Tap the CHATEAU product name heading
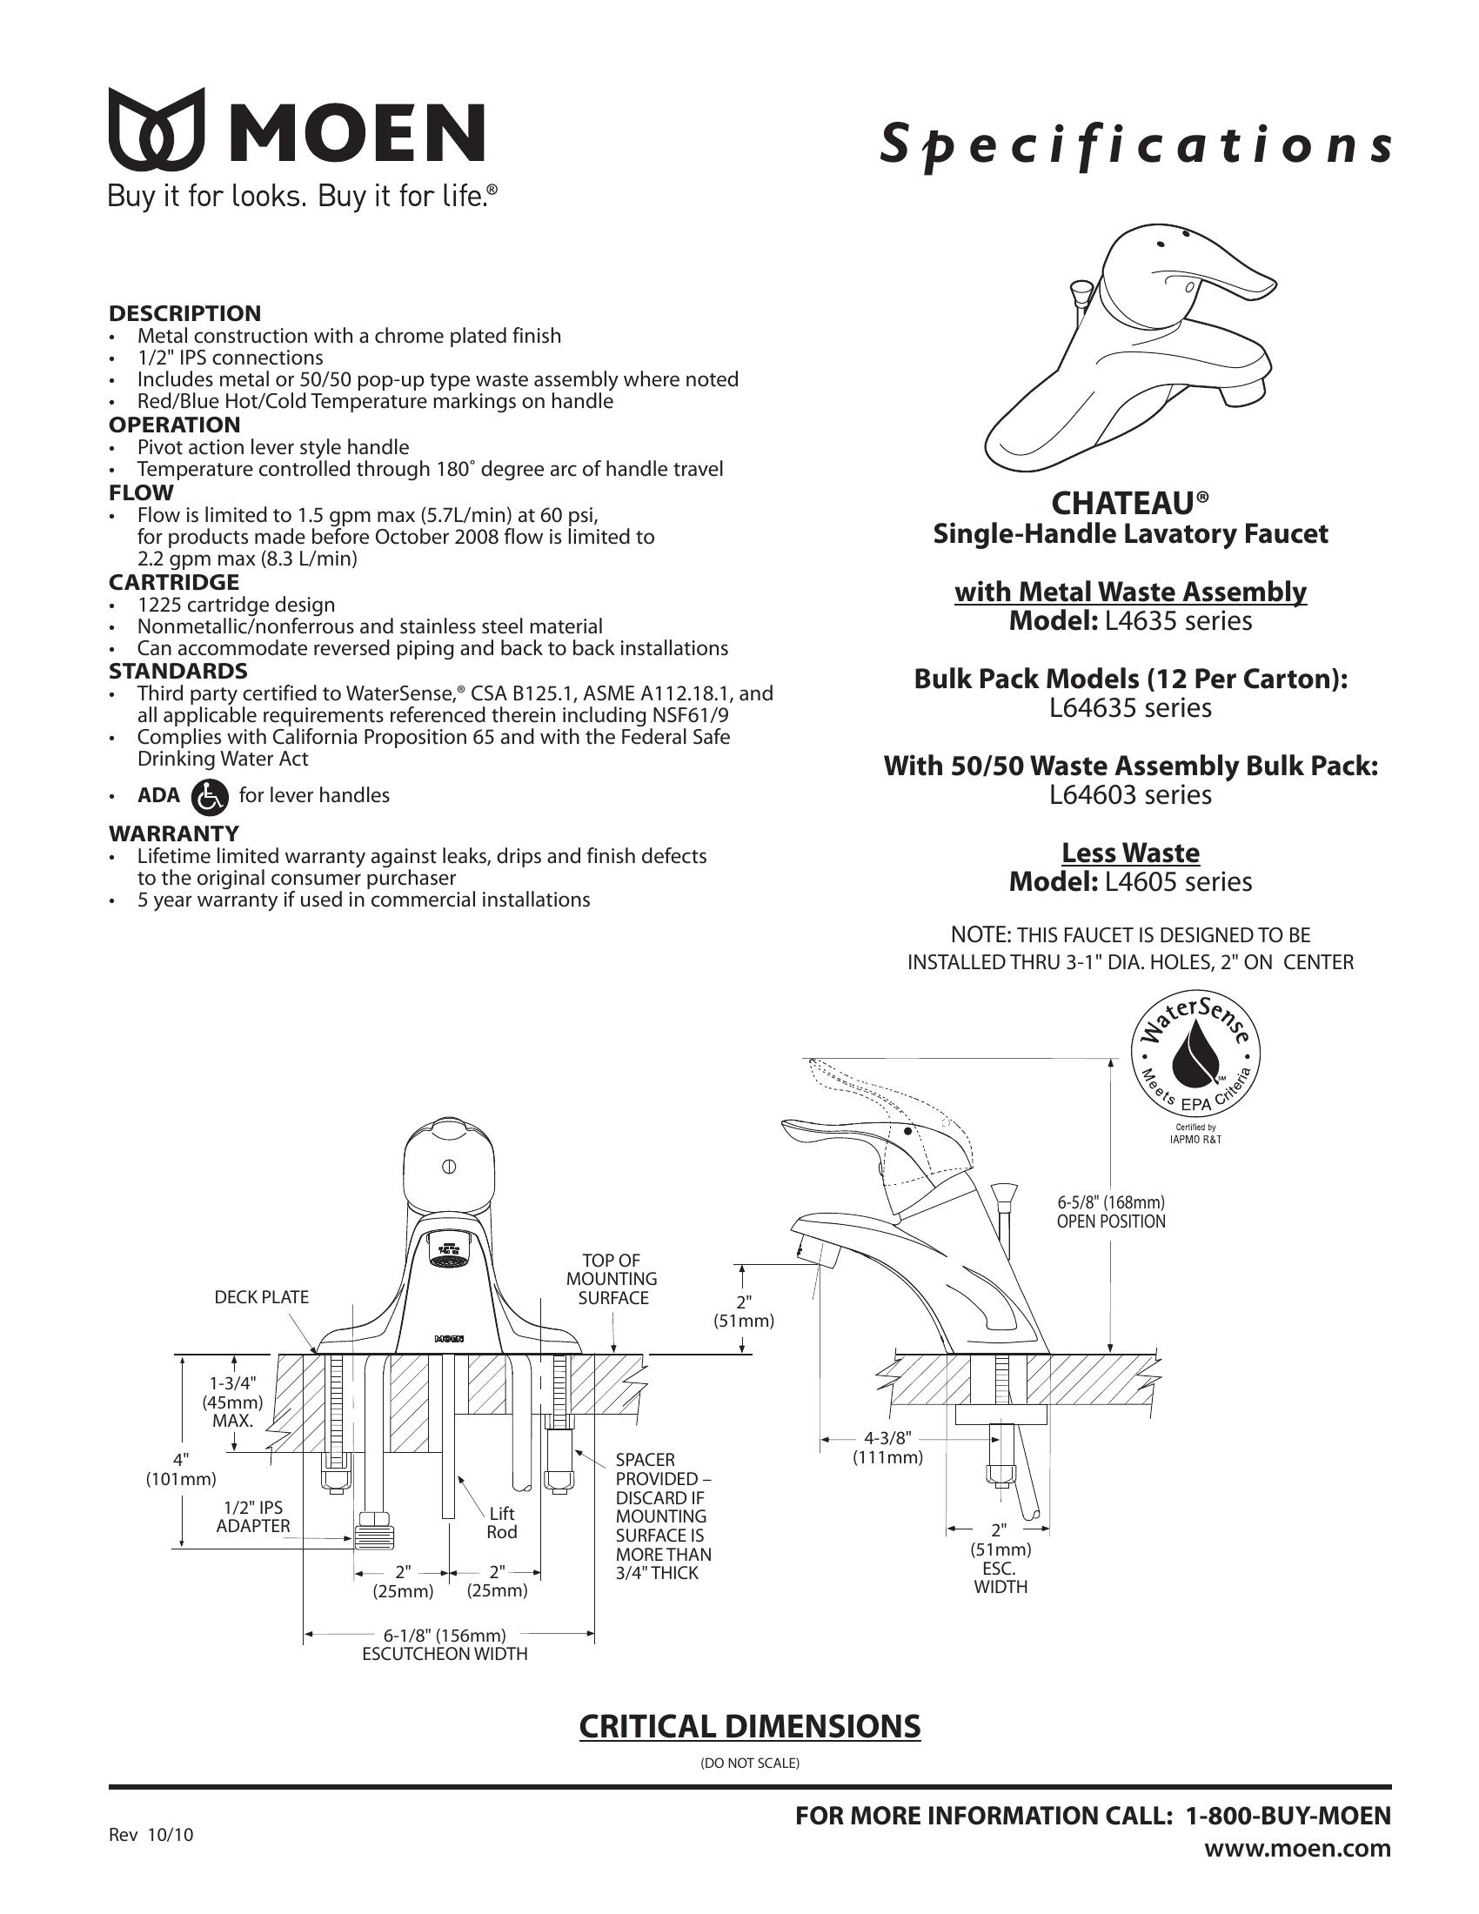click(1130, 503)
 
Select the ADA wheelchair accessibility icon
click(209, 796)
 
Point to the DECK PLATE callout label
click(261, 1297)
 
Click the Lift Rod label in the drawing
click(502, 1522)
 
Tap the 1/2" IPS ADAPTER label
click(253, 1516)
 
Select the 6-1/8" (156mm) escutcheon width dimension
click(445, 1635)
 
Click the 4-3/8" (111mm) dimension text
click(888, 1447)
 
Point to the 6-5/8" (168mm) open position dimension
click(1111, 1212)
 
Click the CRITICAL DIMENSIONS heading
click(750, 1725)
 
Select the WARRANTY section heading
click(173, 833)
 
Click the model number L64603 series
click(1130, 795)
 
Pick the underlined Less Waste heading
click(1130, 853)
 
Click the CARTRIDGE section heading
click(173, 582)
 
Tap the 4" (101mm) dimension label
click(180, 1469)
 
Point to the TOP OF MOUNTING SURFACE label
click(612, 1280)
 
